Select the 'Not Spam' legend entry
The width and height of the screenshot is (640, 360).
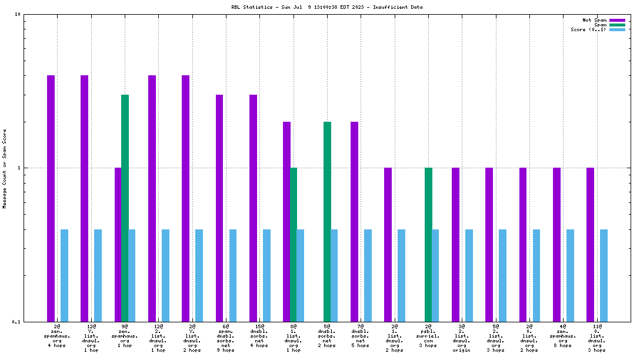tap(594, 20)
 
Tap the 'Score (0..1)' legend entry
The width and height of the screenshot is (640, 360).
tap(588, 29)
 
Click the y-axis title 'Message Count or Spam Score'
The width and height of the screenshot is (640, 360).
tap(5, 168)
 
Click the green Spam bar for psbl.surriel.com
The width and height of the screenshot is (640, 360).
tap(428, 244)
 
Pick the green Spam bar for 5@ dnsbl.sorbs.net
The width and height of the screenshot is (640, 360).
tap(327, 221)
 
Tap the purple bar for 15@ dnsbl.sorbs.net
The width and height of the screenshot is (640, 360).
tap(253, 208)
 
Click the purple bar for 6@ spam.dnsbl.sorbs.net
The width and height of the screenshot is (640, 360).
tap(219, 208)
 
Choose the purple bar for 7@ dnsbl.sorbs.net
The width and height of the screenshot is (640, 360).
tap(354, 221)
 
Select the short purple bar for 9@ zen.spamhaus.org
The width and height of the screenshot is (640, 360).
tap(118, 244)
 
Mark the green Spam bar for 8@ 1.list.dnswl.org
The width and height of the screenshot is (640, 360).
tap(294, 244)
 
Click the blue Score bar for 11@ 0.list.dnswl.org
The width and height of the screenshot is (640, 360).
tap(604, 275)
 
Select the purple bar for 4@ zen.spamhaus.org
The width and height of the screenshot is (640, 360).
tap(556, 244)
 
